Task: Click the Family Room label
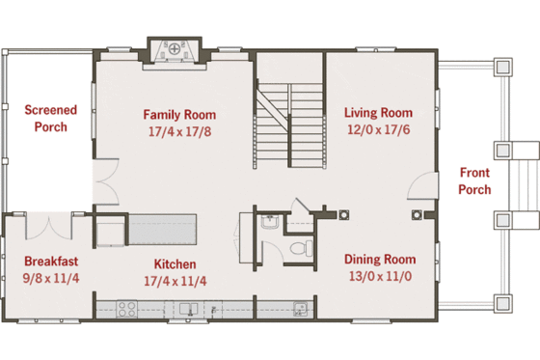[x=175, y=113]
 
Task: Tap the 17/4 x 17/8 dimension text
[x=175, y=129]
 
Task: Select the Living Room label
[x=377, y=113]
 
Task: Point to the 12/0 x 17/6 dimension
[x=377, y=129]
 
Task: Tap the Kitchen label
[x=175, y=264]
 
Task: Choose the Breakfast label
[x=51, y=261]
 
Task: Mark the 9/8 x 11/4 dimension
[x=51, y=278]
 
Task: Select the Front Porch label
[x=474, y=181]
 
